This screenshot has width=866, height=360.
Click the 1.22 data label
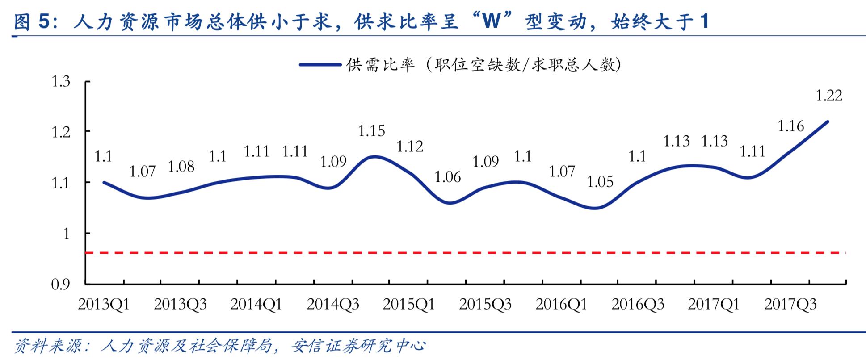click(828, 96)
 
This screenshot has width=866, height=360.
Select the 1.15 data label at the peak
click(371, 131)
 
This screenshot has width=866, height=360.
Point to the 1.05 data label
click(600, 182)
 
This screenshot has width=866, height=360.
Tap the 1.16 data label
click(790, 126)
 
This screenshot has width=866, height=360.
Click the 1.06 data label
click(447, 177)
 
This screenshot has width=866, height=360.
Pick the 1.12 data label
click(409, 146)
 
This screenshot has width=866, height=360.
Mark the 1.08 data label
click(181, 167)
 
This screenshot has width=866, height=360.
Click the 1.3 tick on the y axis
click(61, 82)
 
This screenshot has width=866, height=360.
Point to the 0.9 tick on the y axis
click(61, 285)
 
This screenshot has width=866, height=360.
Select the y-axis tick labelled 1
click(66, 234)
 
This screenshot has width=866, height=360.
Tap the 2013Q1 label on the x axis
click(104, 305)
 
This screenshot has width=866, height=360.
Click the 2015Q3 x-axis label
click(485, 305)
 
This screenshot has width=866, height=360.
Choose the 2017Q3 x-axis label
click(790, 305)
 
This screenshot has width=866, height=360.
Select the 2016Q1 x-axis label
click(561, 305)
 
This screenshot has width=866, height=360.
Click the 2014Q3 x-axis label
click(332, 305)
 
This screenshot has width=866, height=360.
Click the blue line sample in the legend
click(320, 65)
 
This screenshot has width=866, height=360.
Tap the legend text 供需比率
click(380, 65)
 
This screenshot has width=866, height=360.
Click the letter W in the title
click(491, 21)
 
